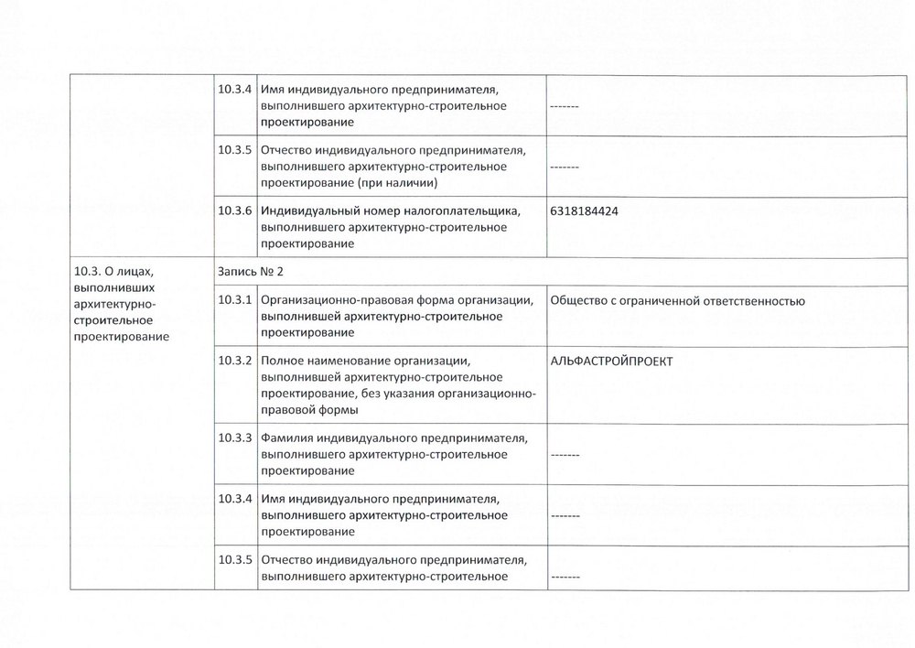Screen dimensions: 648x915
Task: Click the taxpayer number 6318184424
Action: tap(585, 211)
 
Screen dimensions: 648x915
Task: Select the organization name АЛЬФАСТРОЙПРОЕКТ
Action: tap(611, 361)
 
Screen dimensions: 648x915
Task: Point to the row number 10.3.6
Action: tap(235, 211)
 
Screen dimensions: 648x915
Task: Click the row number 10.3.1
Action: tap(235, 300)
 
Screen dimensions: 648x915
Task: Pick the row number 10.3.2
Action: tap(235, 361)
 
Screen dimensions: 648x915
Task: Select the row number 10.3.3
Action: tap(235, 437)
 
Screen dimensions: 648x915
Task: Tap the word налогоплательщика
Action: tap(466, 211)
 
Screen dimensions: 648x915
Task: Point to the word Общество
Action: tap(582, 300)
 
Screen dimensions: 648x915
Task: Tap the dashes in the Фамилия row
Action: tap(565, 455)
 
